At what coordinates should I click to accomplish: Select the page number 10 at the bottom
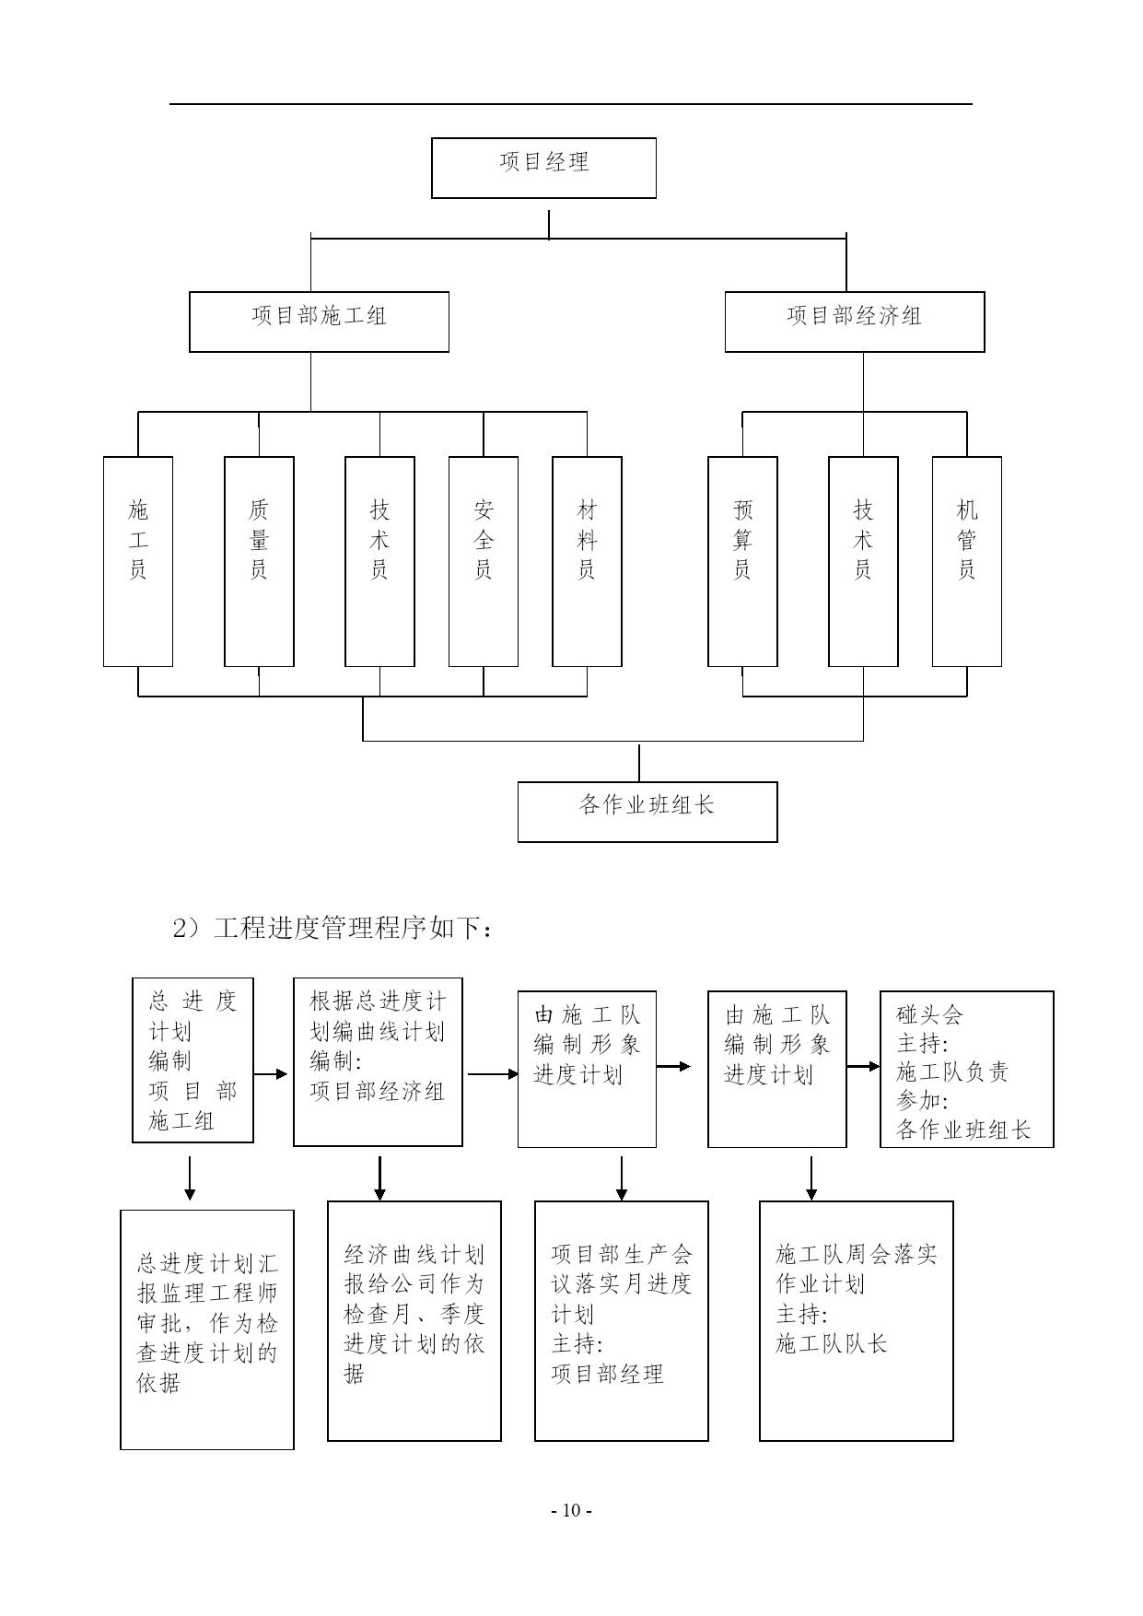571,1510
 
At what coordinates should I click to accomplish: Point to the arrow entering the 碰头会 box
863,1067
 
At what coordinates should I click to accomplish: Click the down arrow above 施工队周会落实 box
811,1178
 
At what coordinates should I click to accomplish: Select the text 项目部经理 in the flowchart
608,1374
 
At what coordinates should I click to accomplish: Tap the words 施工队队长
832,1344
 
